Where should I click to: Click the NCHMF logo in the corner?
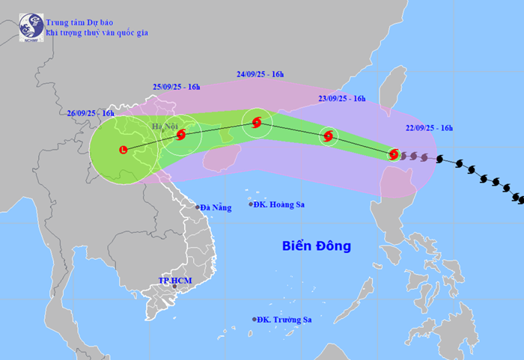pos(31,25)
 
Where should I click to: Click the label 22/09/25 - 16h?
pos(425,128)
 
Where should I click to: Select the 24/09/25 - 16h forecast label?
pos(260,74)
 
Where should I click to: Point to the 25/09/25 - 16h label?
pos(176,87)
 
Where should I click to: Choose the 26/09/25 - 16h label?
pos(90,113)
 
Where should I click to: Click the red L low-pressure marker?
pos(124,150)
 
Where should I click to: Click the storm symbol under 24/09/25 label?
pos(257,123)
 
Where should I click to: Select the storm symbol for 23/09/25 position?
pos(329,136)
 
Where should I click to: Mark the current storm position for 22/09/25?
pos(394,155)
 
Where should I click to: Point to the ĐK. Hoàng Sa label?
pos(281,204)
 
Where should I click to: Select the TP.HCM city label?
pos(175,280)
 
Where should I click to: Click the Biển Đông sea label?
pos(316,245)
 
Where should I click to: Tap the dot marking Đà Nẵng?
pos(198,207)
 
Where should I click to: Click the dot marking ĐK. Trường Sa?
pos(254,320)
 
